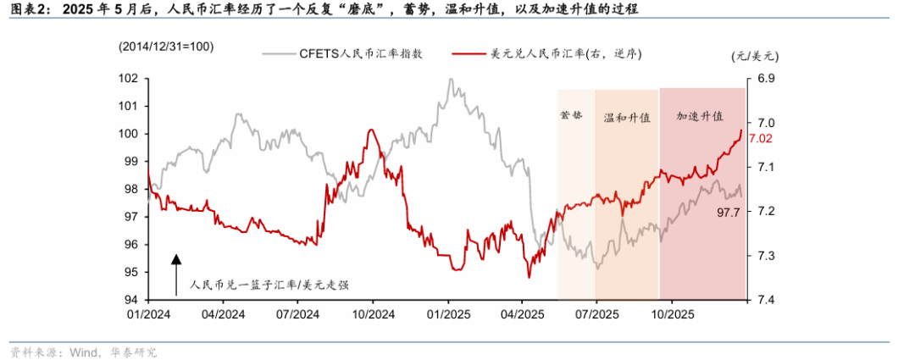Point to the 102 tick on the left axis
click(x=128, y=78)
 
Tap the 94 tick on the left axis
click(x=131, y=300)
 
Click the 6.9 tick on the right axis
click(x=765, y=78)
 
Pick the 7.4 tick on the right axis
click(x=765, y=300)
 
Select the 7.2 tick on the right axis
click(x=765, y=211)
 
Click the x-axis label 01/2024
click(x=148, y=313)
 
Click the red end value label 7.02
click(x=761, y=138)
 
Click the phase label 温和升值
click(x=626, y=119)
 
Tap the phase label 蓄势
click(x=572, y=114)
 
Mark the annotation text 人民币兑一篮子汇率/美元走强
click(x=269, y=285)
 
